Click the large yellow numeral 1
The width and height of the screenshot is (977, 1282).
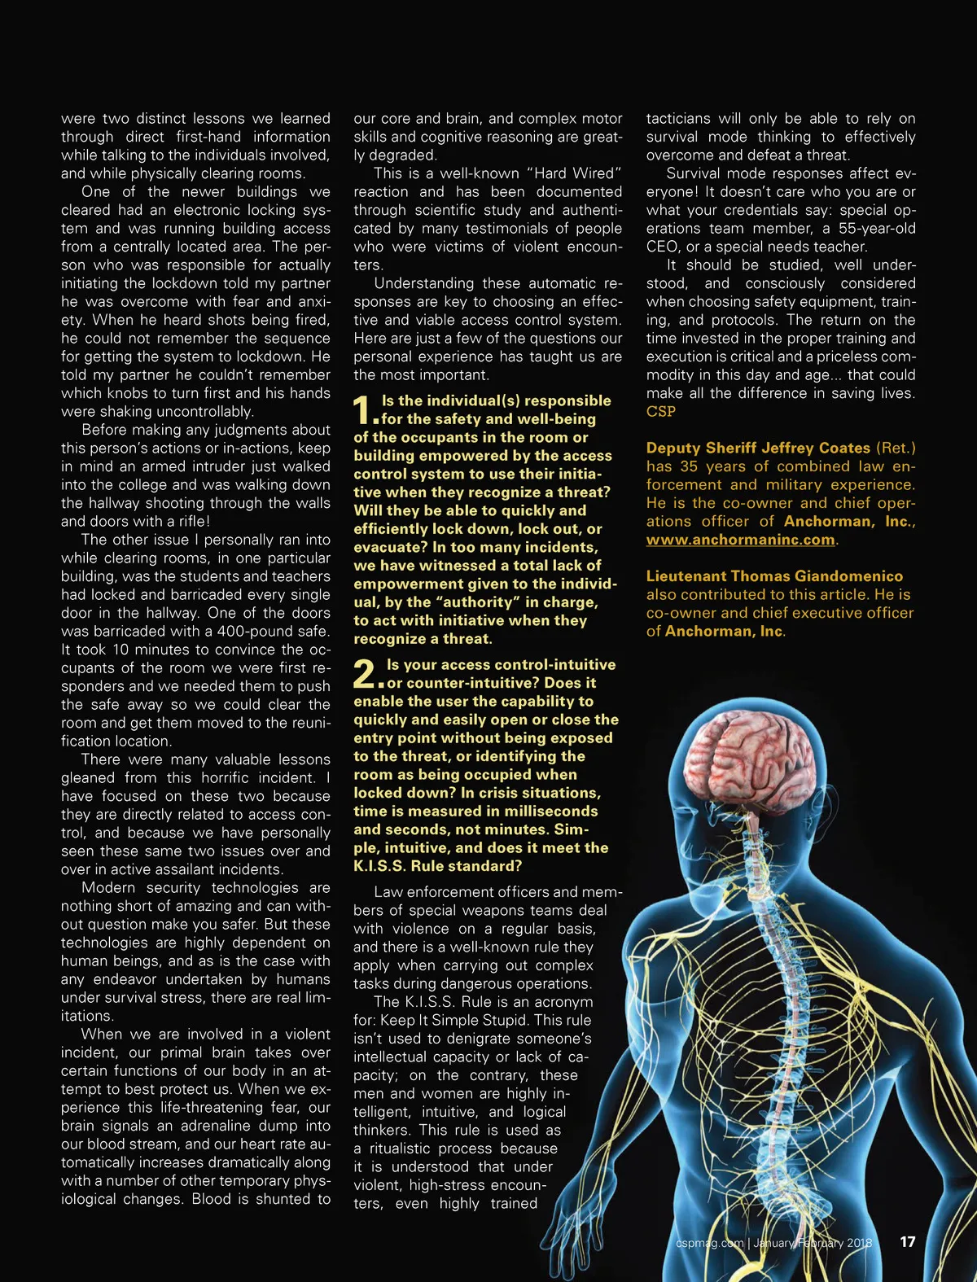tap(364, 410)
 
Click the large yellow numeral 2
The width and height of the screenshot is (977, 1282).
tap(366, 674)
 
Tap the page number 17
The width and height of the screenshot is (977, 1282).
tap(907, 1242)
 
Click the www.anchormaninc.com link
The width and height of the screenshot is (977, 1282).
tap(740, 540)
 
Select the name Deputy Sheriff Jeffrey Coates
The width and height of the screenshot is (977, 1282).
tap(758, 448)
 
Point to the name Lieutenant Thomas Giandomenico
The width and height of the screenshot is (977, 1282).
tap(774, 576)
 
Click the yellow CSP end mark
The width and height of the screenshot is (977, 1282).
tap(661, 412)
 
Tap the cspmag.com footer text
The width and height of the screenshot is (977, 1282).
tap(709, 1243)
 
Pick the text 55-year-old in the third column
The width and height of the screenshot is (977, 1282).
tap(877, 229)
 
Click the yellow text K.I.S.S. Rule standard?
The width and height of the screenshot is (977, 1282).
tap(437, 866)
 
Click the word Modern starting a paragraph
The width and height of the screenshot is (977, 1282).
tap(108, 888)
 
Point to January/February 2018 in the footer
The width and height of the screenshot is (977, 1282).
tap(812, 1243)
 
